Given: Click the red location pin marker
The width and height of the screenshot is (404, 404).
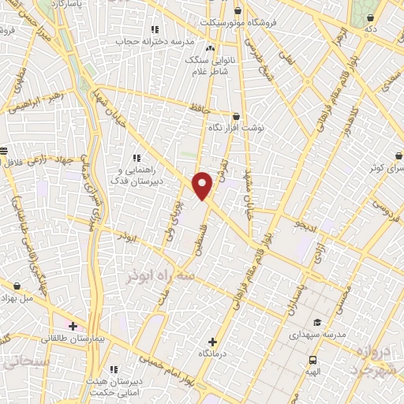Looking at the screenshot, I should point(204,185).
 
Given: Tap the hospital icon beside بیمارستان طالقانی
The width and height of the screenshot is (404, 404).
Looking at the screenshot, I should point(73,325).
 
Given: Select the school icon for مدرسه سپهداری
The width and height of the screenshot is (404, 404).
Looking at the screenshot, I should point(317,322).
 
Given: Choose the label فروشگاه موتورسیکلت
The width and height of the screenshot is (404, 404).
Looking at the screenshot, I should point(252,22).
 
